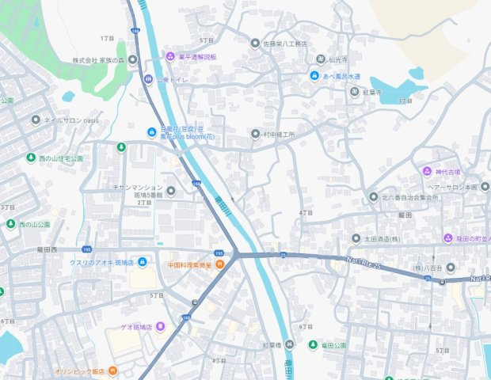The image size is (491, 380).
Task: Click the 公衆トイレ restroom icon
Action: pyautogui.click(x=147, y=78)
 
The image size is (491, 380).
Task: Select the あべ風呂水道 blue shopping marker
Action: pyautogui.click(x=314, y=76)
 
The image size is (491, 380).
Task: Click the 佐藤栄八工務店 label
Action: pyautogui.click(x=290, y=44)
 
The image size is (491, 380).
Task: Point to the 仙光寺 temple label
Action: pyautogui.click(x=338, y=59)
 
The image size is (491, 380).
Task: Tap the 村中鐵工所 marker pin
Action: pyautogui.click(x=254, y=134)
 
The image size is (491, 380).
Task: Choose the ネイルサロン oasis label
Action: pyautogui.click(x=70, y=120)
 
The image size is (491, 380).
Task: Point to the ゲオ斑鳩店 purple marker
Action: pyautogui.click(x=160, y=326)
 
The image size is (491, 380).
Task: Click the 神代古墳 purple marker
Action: pyautogui.click(x=427, y=171)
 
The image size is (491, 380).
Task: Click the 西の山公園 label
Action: pyautogui.click(x=34, y=224)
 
